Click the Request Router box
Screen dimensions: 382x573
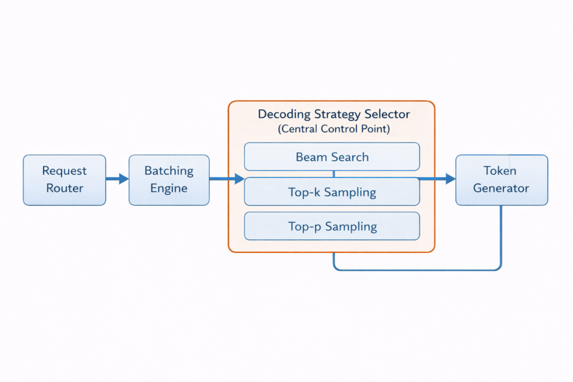[x=64, y=180]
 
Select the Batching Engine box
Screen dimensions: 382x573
[x=169, y=180]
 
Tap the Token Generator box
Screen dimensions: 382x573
[x=501, y=180]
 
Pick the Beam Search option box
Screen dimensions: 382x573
[x=332, y=157]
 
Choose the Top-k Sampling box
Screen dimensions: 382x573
[x=332, y=192]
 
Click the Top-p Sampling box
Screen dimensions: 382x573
[x=332, y=227]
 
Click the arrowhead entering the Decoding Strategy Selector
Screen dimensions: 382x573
[x=239, y=179]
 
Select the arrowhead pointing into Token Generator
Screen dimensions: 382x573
[x=450, y=179]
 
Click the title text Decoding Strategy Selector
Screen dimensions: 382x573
[x=334, y=114]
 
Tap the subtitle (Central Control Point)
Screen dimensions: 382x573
[x=334, y=129]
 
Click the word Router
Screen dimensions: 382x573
[x=64, y=188]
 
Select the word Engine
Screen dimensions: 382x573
[x=169, y=188]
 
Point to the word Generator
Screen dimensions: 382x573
[x=501, y=188]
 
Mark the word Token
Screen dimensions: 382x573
[x=501, y=171]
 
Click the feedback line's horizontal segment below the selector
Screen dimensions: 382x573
[x=417, y=270]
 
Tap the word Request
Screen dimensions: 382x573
[x=64, y=171]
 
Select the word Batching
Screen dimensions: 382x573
[x=169, y=171]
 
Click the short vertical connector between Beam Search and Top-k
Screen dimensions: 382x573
[x=334, y=174]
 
